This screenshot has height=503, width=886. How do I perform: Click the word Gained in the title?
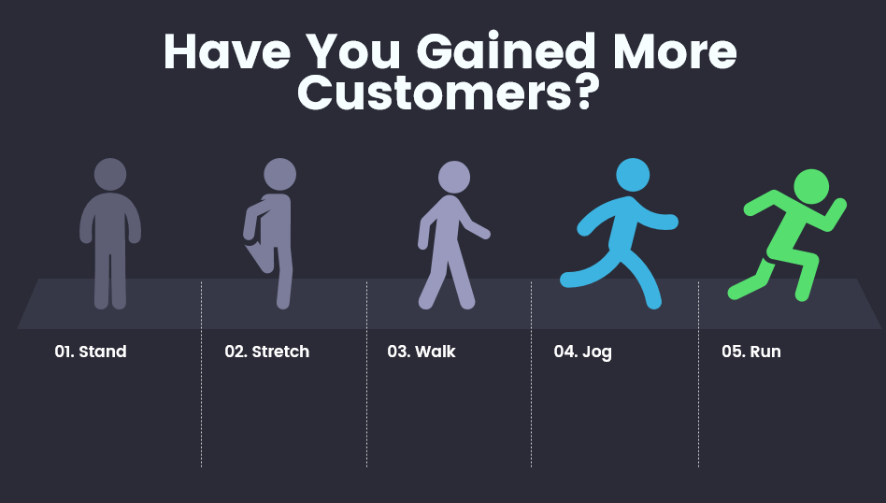click(506, 51)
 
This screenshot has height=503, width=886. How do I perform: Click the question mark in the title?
click(584, 93)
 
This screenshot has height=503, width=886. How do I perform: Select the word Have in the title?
click(227, 51)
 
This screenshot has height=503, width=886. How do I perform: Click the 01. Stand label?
click(91, 352)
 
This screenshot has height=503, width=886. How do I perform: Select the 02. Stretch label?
click(266, 352)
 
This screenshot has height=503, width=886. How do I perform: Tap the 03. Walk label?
click(421, 352)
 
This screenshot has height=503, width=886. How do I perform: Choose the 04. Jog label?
click(582, 352)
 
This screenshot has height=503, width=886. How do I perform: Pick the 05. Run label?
click(751, 352)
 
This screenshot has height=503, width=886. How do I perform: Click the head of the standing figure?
click(110, 174)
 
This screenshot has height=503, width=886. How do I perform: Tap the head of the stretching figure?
click(279, 174)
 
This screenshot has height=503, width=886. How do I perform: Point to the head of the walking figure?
click(454, 177)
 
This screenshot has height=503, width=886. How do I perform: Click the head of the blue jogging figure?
click(633, 175)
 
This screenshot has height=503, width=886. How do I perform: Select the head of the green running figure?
click(811, 186)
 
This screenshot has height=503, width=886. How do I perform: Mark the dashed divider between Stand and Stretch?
click(201, 374)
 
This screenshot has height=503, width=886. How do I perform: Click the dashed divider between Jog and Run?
click(698, 374)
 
